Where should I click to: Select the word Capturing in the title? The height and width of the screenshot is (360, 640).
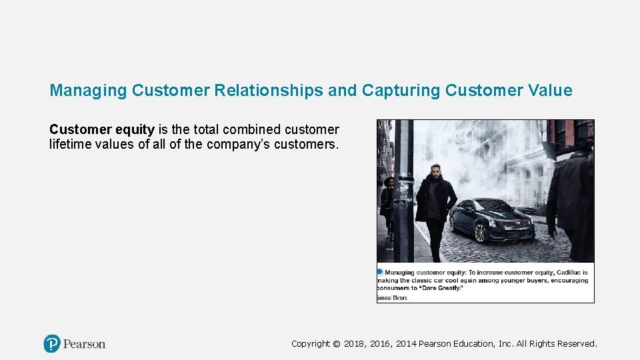(x=400, y=91)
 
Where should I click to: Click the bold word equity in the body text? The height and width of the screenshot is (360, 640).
(x=134, y=129)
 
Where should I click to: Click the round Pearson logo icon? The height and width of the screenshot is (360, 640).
(x=52, y=344)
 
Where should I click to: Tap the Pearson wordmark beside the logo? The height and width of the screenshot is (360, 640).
(x=85, y=344)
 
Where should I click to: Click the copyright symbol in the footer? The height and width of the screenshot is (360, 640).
(x=336, y=344)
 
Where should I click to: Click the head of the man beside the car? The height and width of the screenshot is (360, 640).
(x=435, y=170)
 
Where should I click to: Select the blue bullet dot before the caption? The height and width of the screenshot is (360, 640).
(x=380, y=272)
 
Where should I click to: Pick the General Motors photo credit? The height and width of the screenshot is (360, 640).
(x=392, y=298)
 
